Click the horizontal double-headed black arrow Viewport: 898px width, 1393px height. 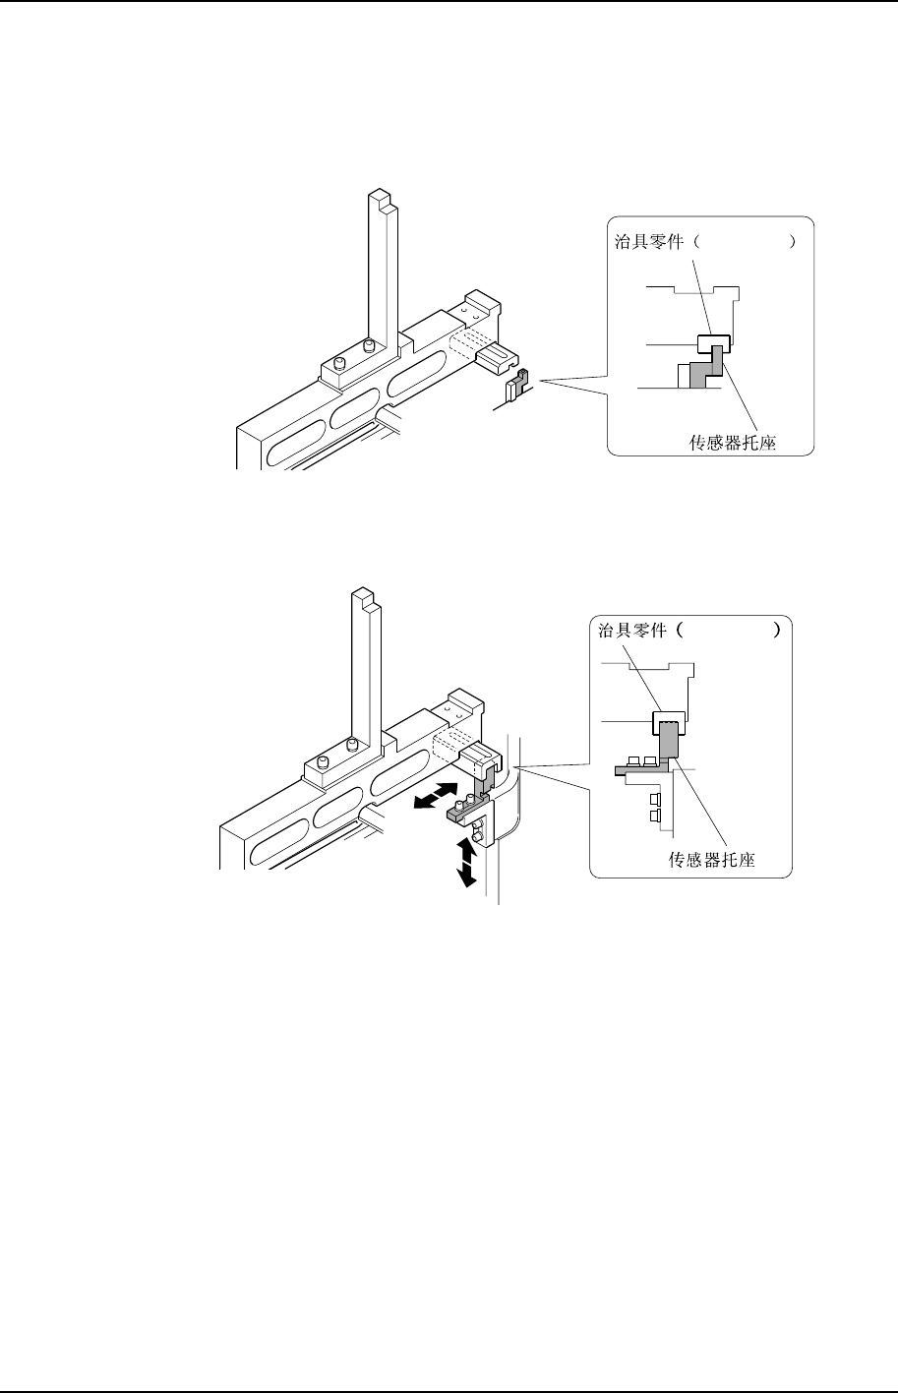coord(434,796)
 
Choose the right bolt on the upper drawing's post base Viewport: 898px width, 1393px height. coord(369,346)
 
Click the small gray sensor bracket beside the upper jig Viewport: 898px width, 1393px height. coord(522,379)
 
